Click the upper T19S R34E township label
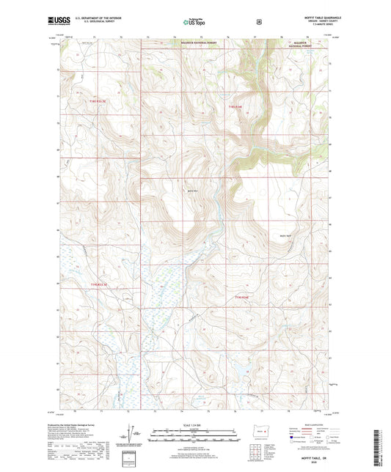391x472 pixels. pos(234,108)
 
